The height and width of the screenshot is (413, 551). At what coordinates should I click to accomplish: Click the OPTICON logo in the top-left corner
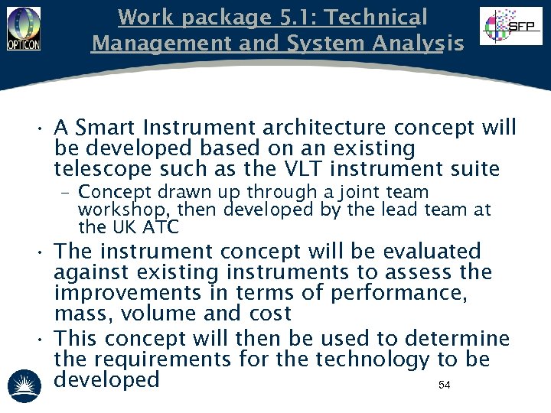coord(24,28)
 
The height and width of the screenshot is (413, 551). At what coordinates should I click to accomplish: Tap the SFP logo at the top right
coord(510,27)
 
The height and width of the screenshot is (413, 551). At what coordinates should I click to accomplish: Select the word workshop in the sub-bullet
coord(115,210)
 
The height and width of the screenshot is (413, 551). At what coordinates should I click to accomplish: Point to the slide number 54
coord(444,385)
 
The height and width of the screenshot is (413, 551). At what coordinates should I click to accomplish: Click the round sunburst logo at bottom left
coord(23,385)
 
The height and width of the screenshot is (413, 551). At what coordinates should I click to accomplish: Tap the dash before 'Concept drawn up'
coord(67,193)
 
